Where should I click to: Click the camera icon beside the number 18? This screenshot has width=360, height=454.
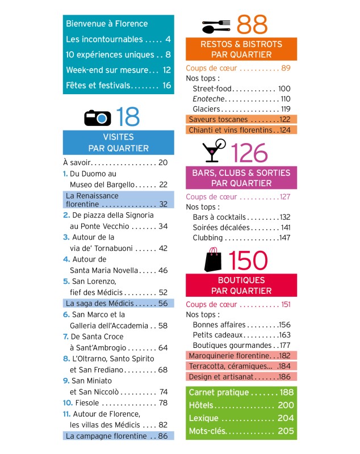point(97,118)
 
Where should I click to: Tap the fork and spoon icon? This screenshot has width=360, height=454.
point(216,26)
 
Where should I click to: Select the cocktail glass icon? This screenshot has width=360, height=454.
point(214,150)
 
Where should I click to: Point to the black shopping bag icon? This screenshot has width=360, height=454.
point(213,259)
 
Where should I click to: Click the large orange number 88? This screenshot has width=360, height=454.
point(252,24)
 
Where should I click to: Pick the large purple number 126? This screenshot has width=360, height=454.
point(249,153)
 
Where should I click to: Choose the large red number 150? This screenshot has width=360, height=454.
point(248,260)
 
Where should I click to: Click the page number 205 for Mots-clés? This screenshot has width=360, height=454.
point(286,431)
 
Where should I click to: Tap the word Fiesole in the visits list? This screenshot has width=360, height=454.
point(87,403)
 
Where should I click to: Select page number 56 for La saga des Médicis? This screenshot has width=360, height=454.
point(163,303)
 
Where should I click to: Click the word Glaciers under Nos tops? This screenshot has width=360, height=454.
point(207,109)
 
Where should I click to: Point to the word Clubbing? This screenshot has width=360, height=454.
point(208,238)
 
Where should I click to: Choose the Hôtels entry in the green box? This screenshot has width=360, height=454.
point(201,405)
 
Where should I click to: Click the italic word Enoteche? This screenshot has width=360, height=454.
point(208,99)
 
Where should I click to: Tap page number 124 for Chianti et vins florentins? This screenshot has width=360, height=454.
point(285,130)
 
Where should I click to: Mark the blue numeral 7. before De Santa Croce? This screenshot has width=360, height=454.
point(66,337)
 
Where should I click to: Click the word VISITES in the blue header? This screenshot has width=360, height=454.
point(119,137)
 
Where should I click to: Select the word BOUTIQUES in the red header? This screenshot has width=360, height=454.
point(241,280)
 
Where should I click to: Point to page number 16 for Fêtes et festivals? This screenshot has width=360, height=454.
point(166,86)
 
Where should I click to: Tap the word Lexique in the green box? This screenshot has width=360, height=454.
point(204,418)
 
